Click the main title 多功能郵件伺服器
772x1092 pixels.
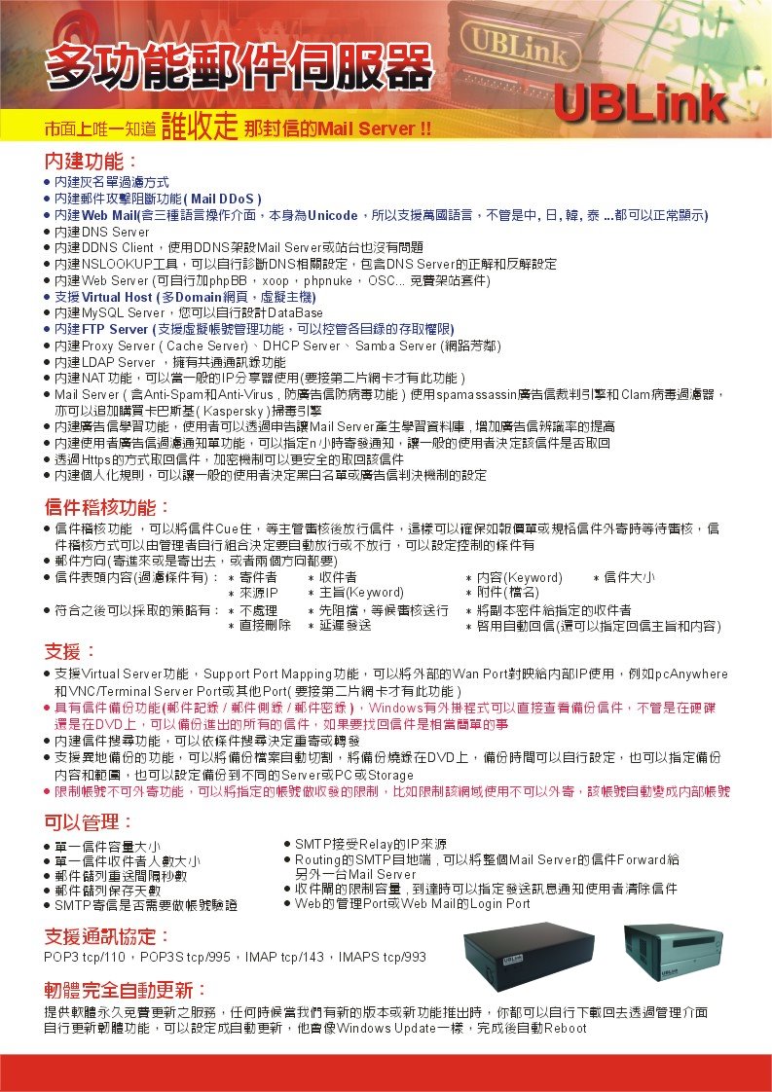pos(238,69)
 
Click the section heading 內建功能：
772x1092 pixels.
pos(92,160)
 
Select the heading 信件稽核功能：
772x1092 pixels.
pos(107,507)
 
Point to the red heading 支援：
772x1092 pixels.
pos(70,650)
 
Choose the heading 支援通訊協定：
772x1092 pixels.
pos(107,936)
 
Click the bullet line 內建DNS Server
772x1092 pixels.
pos(102,233)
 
